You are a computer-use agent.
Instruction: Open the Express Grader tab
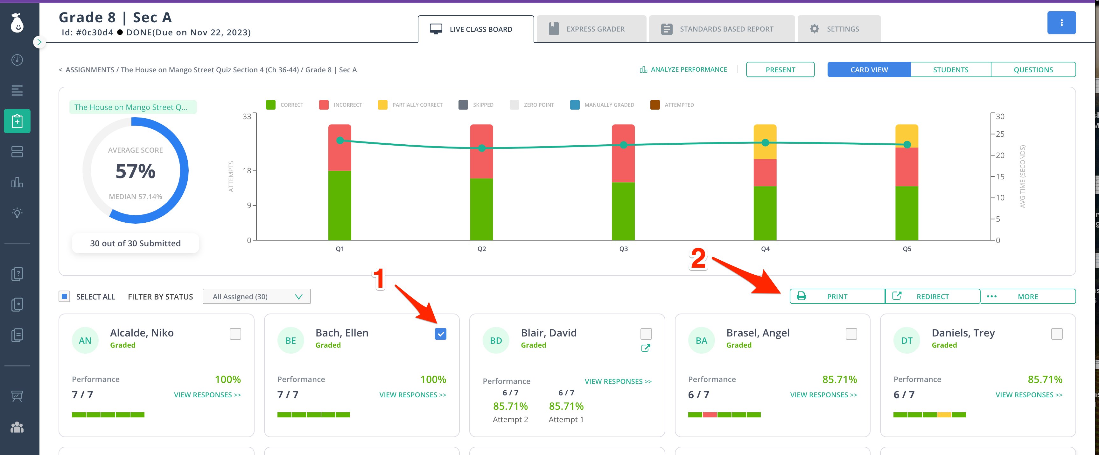pyautogui.click(x=591, y=29)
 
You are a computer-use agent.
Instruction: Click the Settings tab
pyautogui.click(x=839, y=29)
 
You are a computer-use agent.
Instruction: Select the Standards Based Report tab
pyautogui.click(x=721, y=29)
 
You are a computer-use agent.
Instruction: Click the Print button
pyautogui.click(x=837, y=297)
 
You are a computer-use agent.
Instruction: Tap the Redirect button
pyautogui.click(x=933, y=297)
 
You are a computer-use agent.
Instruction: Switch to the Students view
pyautogui.click(x=950, y=70)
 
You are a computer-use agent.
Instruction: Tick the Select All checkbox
pyautogui.click(x=64, y=297)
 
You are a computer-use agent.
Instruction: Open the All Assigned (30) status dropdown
pyautogui.click(x=257, y=297)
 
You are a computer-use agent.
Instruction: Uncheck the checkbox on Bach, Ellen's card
pyautogui.click(x=441, y=334)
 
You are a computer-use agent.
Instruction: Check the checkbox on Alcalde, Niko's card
pyautogui.click(x=235, y=334)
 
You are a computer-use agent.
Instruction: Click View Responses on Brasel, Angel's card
pyautogui.click(x=823, y=395)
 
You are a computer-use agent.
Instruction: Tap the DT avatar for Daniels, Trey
pyautogui.click(x=906, y=341)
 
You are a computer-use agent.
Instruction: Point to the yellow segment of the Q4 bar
pyautogui.click(x=765, y=142)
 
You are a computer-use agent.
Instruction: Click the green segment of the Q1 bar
pyautogui.click(x=339, y=206)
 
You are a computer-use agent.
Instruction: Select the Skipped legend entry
pyautogui.click(x=476, y=105)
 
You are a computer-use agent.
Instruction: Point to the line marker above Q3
pyautogui.click(x=623, y=145)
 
